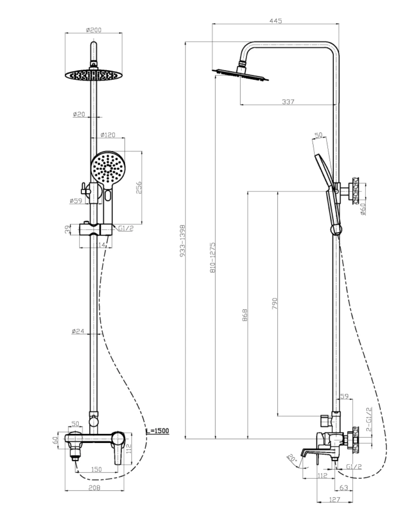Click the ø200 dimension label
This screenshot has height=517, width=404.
tap(93, 30)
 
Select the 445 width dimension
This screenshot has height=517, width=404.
tap(275, 21)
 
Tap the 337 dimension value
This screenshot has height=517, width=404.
tap(288, 102)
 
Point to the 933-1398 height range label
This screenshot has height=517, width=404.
tap(182, 241)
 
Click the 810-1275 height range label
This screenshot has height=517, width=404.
tap(213, 257)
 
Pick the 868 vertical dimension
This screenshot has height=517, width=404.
tap(245, 315)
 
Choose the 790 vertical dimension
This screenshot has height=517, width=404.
tap(275, 303)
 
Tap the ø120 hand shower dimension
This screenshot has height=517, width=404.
tap(108, 135)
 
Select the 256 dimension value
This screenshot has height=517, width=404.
tap(139, 188)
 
